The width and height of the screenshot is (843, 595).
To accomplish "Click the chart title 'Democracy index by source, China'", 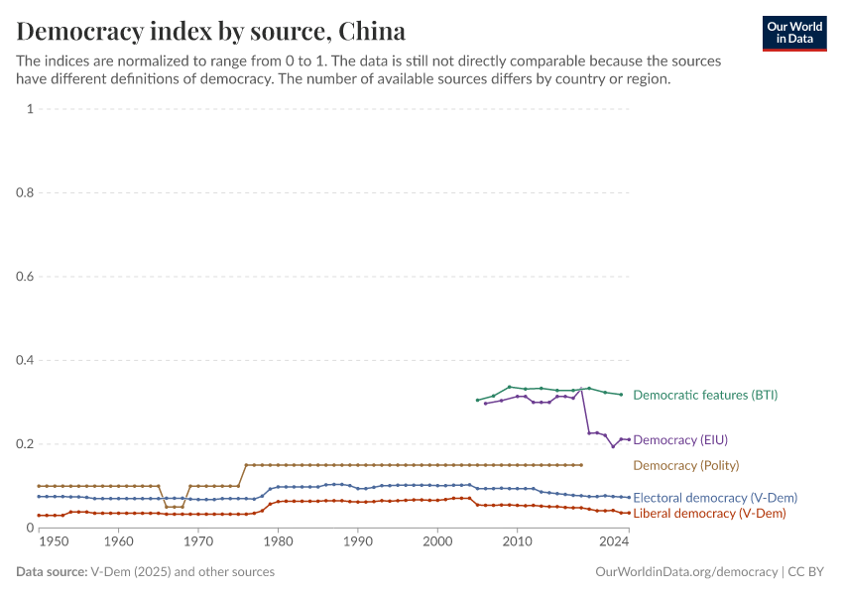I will coord(210,29).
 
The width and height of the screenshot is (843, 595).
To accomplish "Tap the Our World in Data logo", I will coord(793,33).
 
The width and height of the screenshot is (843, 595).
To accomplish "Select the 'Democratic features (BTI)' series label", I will coord(705,395).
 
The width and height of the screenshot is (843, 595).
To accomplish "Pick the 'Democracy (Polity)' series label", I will coord(685,465).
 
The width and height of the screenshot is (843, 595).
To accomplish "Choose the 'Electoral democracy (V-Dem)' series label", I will coord(714,498).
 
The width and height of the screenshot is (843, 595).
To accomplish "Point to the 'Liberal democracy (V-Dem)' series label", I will coord(709,514).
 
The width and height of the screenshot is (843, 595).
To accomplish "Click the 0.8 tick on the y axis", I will coord(24,192).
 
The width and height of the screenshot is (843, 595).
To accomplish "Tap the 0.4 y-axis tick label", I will coord(24,360).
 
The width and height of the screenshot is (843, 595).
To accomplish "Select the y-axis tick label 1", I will coord(30,109).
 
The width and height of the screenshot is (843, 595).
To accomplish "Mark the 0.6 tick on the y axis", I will coord(24,277).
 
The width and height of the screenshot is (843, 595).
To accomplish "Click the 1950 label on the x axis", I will coord(54,541).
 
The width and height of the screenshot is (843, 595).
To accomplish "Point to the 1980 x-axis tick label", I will coord(278,541).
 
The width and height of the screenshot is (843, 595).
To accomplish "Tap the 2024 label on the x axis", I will coord(615,541).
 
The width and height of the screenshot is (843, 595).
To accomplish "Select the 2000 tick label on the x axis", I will coord(437,541).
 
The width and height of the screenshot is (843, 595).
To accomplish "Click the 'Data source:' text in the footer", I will coord(52,572).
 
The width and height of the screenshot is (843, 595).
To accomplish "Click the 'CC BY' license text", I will coord(808,572).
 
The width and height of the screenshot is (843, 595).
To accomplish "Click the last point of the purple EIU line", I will coord(629,439).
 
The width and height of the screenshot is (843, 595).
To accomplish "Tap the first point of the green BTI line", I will coord(477,400).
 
